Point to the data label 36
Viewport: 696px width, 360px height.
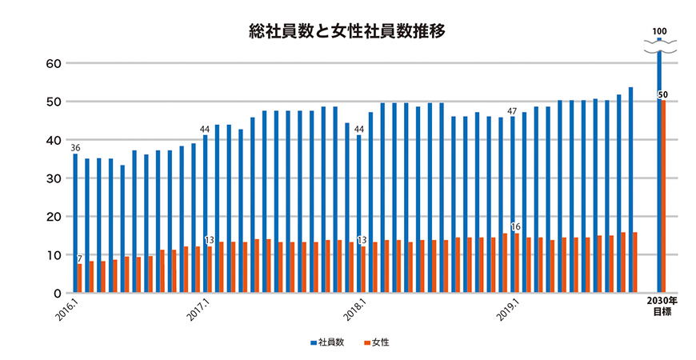coord(74,148)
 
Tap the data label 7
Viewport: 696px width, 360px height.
coord(80,258)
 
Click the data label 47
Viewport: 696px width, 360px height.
coord(513,111)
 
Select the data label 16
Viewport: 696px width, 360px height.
coord(516,227)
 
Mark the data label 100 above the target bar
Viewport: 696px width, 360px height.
coord(660,31)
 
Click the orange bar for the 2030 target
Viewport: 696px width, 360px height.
coord(662,196)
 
